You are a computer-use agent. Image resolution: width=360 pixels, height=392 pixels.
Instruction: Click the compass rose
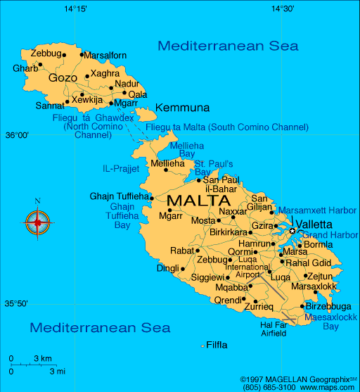pos(38,222)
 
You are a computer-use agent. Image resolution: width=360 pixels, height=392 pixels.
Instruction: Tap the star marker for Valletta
pos(292,231)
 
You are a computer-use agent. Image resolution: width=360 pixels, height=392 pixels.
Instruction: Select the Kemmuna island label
pos(182,108)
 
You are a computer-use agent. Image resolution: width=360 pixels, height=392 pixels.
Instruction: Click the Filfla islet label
pos(217,345)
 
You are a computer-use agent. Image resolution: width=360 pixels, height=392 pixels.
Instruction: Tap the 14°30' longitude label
pos(282,9)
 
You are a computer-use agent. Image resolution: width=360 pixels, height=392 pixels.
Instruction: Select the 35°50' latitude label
pos(17,304)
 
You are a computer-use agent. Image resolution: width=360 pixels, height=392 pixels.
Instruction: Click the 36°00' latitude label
pos(17,134)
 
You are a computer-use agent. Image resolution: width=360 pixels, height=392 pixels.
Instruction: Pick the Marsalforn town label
pos(106,55)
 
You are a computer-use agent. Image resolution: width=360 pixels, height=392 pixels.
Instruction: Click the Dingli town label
pos(167,268)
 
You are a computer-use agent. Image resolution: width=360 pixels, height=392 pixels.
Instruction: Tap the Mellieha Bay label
pos(183,149)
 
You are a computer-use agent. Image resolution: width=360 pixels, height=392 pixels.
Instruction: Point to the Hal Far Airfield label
pos(274,329)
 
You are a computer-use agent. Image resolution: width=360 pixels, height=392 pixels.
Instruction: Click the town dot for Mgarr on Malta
pos(169,210)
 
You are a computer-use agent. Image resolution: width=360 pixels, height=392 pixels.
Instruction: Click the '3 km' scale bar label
pos(42,359)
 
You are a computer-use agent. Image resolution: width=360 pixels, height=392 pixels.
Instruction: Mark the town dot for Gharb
pos(40,65)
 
